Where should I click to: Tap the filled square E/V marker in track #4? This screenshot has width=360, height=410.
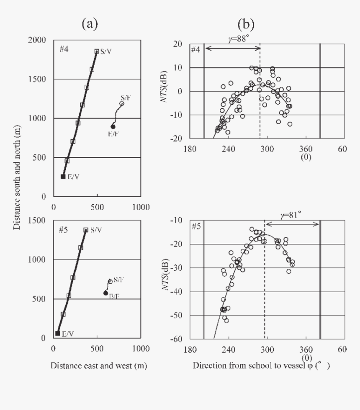[63, 177]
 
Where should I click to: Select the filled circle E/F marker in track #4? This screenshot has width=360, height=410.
[113, 126]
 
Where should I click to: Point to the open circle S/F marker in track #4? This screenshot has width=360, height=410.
[122, 103]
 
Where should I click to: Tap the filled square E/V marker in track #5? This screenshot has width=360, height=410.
[57, 333]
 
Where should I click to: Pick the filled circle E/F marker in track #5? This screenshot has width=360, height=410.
[105, 293]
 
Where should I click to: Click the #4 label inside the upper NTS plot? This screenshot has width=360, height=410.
[195, 50]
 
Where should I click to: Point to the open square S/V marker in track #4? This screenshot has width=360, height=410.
[97, 51]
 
